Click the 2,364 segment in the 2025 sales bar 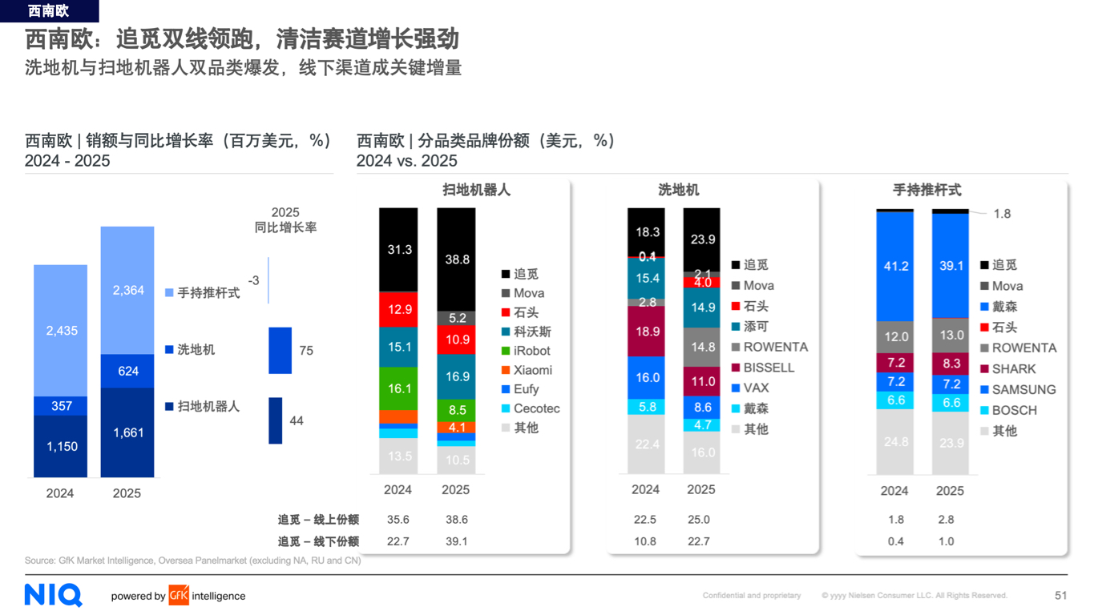(x=127, y=290)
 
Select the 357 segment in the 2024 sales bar (x=61, y=406)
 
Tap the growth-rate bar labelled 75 (x=280, y=350)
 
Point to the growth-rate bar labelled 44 (x=275, y=420)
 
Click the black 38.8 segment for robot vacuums (x=456, y=259)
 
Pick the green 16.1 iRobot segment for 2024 (x=398, y=388)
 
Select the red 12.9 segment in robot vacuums (x=398, y=309)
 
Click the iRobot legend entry (x=526, y=351)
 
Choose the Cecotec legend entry (x=530, y=408)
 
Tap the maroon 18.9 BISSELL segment (x=646, y=332)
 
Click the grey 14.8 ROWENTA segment (x=701, y=348)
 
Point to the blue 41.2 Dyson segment (x=895, y=266)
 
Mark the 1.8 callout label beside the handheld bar (x=1002, y=214)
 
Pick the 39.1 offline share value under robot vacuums (x=456, y=541)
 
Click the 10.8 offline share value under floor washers (x=645, y=541)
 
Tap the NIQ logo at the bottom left (x=54, y=595)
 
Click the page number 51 (x=1060, y=596)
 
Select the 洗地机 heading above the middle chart (x=678, y=190)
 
